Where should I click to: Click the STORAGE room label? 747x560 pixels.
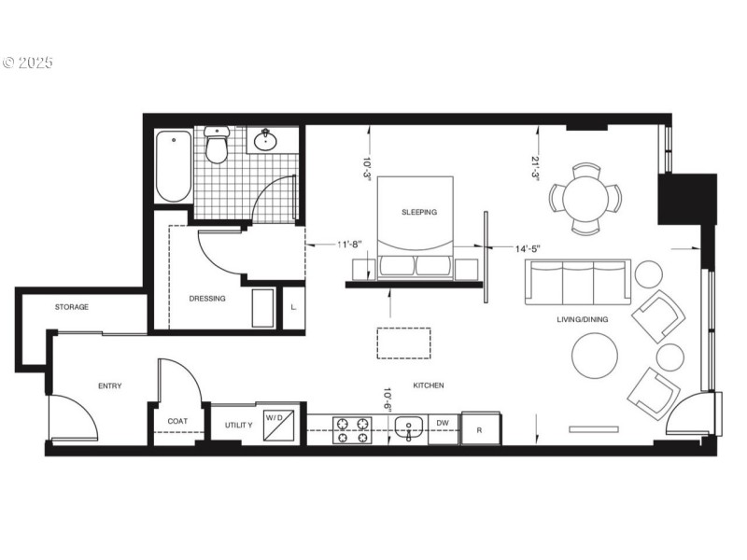click(x=72, y=307)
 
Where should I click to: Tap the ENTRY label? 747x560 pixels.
click(x=110, y=385)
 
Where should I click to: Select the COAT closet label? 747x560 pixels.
click(x=177, y=421)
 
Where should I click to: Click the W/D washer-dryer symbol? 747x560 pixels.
click(x=279, y=418)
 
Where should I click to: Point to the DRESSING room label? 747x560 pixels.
click(x=207, y=299)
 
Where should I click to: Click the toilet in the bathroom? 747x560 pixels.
click(x=218, y=147)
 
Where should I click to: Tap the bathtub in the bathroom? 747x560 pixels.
click(x=174, y=166)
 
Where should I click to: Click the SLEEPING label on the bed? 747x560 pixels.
click(x=419, y=212)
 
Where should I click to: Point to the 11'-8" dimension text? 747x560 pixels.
click(x=357, y=245)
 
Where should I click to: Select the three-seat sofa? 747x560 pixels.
click(x=577, y=282)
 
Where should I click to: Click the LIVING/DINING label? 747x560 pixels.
click(x=583, y=320)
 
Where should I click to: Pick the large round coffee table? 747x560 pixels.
click(x=595, y=356)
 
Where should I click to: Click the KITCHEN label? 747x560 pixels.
click(x=428, y=385)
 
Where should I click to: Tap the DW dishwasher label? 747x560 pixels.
click(x=444, y=423)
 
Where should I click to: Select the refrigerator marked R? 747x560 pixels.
click(x=479, y=428)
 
